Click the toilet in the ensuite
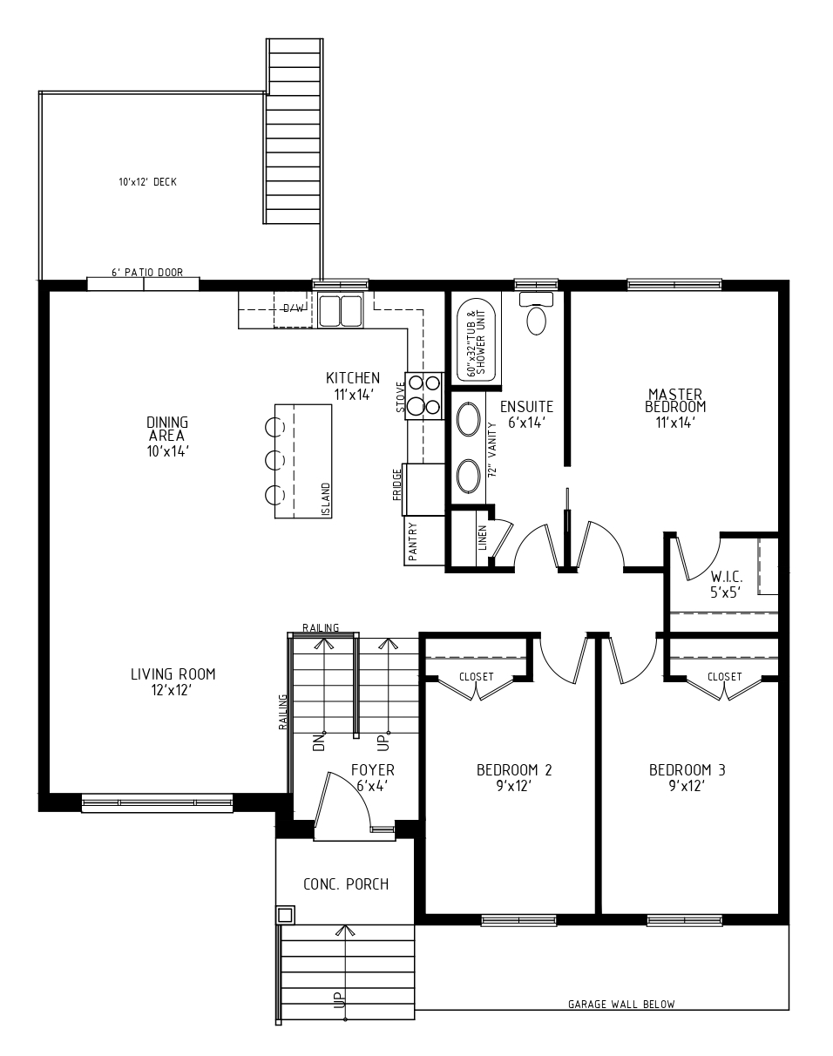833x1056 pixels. click(x=536, y=313)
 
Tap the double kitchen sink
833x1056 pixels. click(x=340, y=310)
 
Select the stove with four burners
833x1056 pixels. click(x=424, y=396)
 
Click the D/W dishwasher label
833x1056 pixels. click(x=294, y=308)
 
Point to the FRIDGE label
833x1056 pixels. click(x=397, y=484)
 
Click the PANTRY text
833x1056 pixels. click(x=412, y=542)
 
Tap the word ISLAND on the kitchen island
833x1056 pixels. click(x=325, y=499)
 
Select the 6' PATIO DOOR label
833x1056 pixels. click(x=147, y=273)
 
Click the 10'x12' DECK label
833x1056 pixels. click(x=147, y=182)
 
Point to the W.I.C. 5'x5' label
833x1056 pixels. click(x=726, y=584)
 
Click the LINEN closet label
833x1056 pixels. click(x=482, y=538)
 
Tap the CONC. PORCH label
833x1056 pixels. click(x=346, y=884)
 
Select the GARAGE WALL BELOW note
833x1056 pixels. click(x=621, y=1004)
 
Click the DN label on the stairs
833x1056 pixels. click(x=319, y=742)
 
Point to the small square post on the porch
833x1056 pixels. click(x=285, y=915)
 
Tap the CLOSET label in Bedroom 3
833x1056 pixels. click(x=725, y=677)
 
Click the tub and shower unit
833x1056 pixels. click(x=476, y=341)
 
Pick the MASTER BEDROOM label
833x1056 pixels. click(x=675, y=401)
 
